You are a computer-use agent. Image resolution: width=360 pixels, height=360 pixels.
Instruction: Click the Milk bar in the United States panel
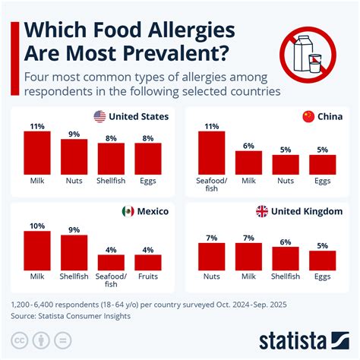pyautogui.click(x=36, y=153)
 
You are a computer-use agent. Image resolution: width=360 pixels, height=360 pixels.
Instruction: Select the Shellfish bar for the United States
pyautogui.click(x=111, y=159)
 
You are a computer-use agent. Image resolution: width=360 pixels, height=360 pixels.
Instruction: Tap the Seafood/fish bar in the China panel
pyautogui.click(x=211, y=153)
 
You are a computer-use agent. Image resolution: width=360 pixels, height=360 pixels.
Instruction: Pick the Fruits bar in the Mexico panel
pyautogui.click(x=148, y=263)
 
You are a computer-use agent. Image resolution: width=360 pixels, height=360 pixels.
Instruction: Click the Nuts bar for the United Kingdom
pyautogui.click(x=211, y=257)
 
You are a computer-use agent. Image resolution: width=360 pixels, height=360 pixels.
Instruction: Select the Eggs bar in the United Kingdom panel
pyautogui.click(x=322, y=261)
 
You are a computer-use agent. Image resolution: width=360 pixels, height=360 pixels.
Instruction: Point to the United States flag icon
pyautogui.click(x=99, y=116)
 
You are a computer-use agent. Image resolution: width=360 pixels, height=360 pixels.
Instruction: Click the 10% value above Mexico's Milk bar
pyautogui.click(x=36, y=225)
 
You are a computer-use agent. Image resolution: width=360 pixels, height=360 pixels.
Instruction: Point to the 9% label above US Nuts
pyautogui.click(x=74, y=134)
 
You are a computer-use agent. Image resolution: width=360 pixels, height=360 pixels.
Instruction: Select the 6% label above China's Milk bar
pyautogui.click(x=248, y=145)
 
